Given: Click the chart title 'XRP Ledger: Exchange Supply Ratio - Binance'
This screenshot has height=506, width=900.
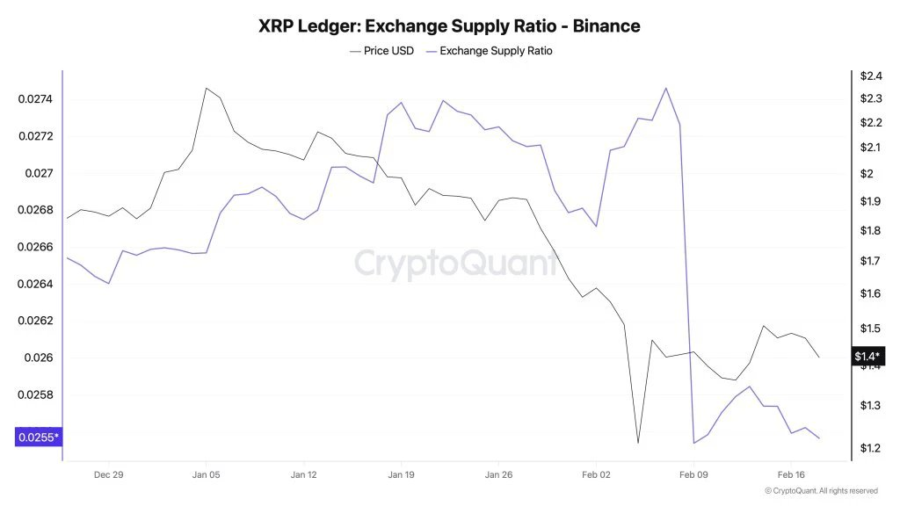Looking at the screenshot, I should (x=449, y=26).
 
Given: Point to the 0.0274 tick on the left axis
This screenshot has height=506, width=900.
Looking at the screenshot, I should (x=35, y=99).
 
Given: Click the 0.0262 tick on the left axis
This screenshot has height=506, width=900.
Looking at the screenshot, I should (x=35, y=321).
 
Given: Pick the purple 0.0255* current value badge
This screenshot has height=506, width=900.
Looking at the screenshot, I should (x=38, y=437).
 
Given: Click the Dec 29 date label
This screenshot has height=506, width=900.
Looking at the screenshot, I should (x=109, y=474).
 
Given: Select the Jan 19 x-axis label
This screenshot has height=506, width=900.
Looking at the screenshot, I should (x=401, y=474).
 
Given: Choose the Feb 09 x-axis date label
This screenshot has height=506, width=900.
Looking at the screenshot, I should (x=693, y=474).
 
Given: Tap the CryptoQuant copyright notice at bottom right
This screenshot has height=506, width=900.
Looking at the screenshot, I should (x=821, y=491).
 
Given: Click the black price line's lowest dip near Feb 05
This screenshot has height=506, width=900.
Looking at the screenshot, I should (x=638, y=443).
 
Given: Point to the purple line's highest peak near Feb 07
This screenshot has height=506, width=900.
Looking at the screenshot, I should (x=665, y=88).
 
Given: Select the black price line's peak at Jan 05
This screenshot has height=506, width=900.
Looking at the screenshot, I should (x=206, y=88).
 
